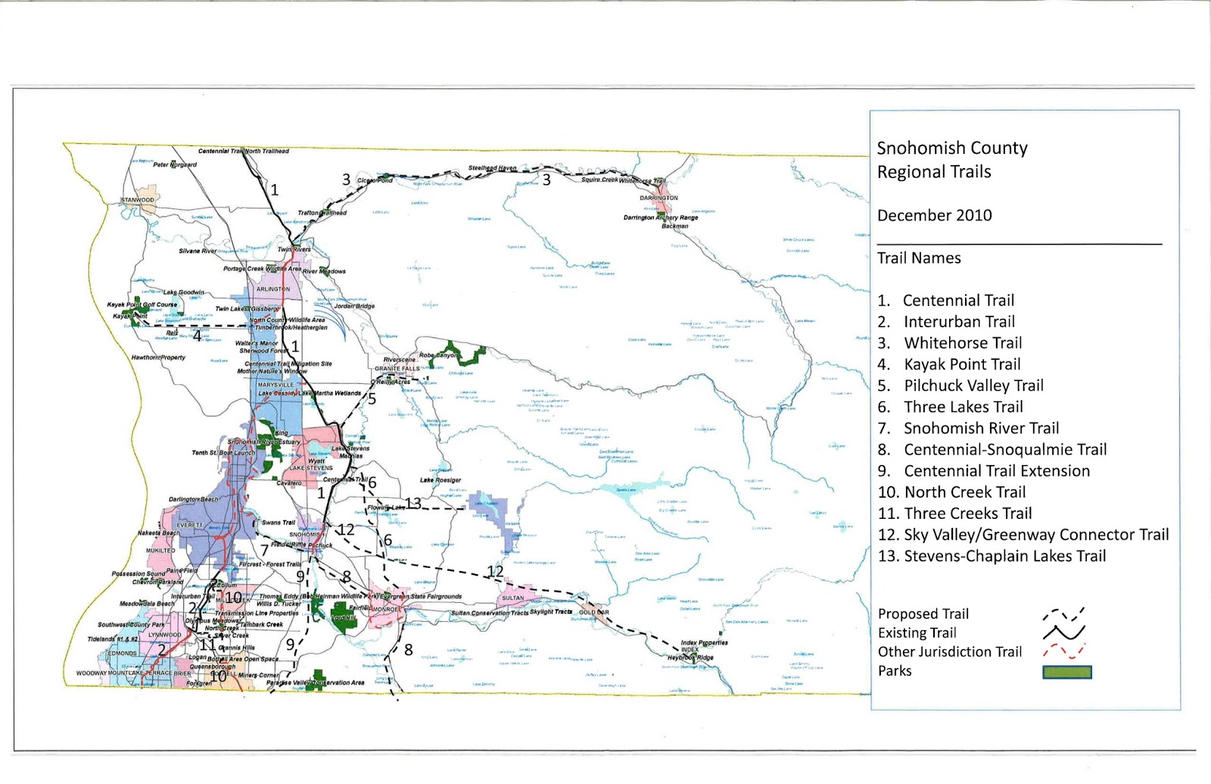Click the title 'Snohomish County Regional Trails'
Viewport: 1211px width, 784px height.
point(951,160)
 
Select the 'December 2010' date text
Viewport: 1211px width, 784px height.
point(934,215)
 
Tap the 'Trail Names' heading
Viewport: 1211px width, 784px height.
point(919,258)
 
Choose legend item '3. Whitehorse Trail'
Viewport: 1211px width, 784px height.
point(950,343)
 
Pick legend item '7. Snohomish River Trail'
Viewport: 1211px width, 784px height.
point(968,429)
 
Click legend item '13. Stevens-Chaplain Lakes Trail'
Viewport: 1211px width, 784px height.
point(992,556)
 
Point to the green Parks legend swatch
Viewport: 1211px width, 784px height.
point(1066,672)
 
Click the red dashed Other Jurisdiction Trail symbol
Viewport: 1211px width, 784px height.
point(1063,651)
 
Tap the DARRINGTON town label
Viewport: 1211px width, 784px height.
point(658,198)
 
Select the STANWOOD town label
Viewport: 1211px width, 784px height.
point(137,200)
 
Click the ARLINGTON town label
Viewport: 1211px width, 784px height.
point(273,289)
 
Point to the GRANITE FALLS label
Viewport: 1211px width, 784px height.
point(397,369)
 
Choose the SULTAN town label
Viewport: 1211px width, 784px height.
point(512,598)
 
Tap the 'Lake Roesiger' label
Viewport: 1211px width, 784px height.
point(441,480)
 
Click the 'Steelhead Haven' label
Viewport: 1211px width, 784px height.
point(492,168)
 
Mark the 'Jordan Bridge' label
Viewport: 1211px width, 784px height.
point(354,306)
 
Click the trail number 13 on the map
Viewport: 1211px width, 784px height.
point(413,503)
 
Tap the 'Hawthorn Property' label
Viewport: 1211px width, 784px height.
point(158,358)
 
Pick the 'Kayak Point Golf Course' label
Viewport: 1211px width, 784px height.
point(142,305)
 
